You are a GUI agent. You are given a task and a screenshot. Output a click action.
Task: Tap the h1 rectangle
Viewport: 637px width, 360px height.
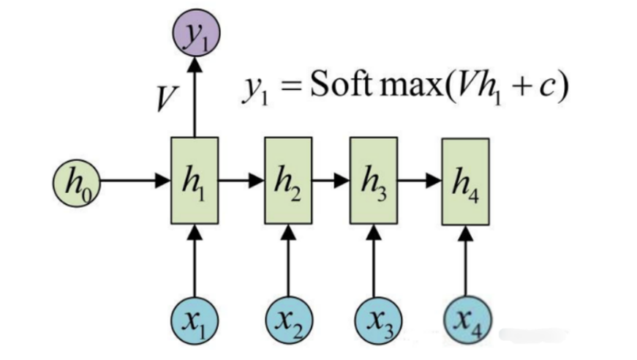(194, 181)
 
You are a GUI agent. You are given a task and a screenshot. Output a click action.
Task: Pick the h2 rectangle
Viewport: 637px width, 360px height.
(287, 181)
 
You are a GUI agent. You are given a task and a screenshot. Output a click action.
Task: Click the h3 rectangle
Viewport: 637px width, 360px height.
(374, 181)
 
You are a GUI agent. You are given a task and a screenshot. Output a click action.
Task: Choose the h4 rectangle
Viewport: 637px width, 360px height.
(465, 181)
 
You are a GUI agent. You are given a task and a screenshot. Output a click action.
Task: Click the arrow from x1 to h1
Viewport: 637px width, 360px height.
(195, 263)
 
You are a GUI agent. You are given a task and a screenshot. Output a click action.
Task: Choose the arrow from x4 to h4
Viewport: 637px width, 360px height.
(466, 263)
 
